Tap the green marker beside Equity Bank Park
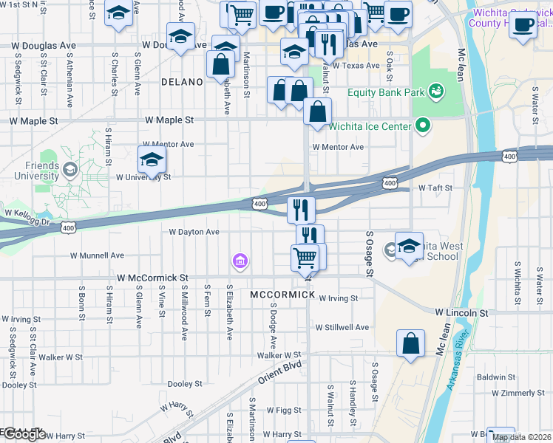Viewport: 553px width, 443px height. (x=436, y=92)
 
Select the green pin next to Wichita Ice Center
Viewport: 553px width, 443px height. (x=423, y=126)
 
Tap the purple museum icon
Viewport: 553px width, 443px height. (x=240, y=261)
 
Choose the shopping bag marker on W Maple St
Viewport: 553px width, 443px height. (x=317, y=113)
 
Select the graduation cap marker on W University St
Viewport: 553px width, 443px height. (x=152, y=160)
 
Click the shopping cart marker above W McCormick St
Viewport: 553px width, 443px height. (x=305, y=258)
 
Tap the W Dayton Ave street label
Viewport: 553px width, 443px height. (x=194, y=232)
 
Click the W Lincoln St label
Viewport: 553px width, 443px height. (x=461, y=313)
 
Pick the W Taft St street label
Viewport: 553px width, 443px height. (x=435, y=188)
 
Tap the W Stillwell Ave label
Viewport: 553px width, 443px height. (x=342, y=327)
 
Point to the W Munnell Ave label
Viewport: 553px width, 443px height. (x=97, y=255)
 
